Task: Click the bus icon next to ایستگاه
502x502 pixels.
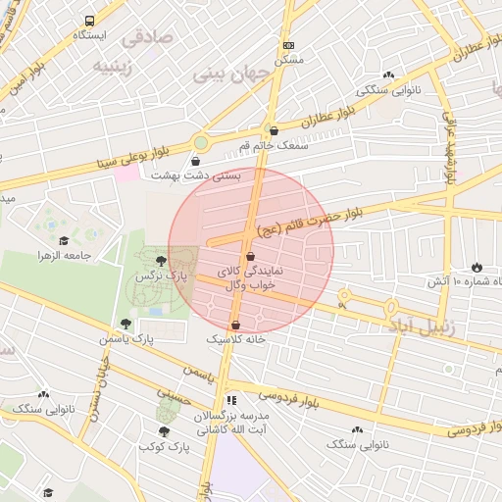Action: pos(90,20)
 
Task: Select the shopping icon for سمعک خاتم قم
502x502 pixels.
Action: pos(273,130)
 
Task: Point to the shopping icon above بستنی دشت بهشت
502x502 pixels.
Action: pos(196,161)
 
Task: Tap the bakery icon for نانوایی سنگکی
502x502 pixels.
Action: pos(389,75)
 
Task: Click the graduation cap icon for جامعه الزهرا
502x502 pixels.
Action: pos(64,240)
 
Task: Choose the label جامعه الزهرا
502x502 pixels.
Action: pos(65,255)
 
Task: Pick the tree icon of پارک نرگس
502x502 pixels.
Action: pos(161,260)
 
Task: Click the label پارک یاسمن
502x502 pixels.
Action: pos(126,338)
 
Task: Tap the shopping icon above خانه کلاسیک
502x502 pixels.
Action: pos(235,325)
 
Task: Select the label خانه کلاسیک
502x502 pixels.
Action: pos(236,339)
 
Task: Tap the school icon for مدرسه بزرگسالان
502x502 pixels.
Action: pos(231,400)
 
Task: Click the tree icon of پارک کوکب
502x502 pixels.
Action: pos(163,431)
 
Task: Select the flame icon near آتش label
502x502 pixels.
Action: pos(477,267)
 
